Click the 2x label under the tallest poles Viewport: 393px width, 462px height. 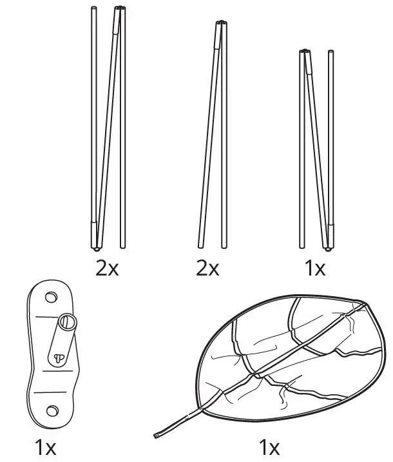(x=108, y=268)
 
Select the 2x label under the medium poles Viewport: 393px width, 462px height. (x=208, y=268)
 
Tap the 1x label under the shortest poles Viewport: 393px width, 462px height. (x=314, y=268)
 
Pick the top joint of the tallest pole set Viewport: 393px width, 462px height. (x=120, y=9)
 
